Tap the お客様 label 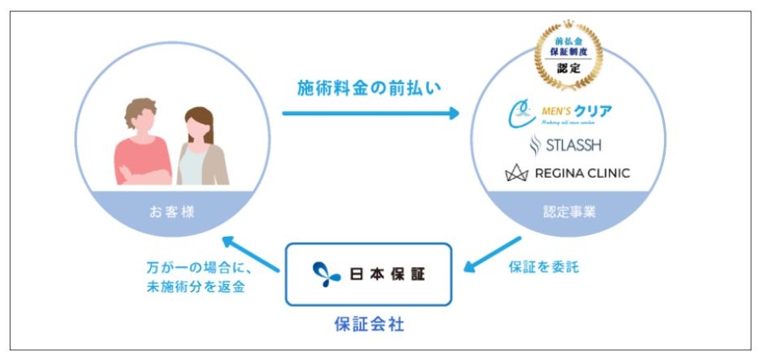172,213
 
